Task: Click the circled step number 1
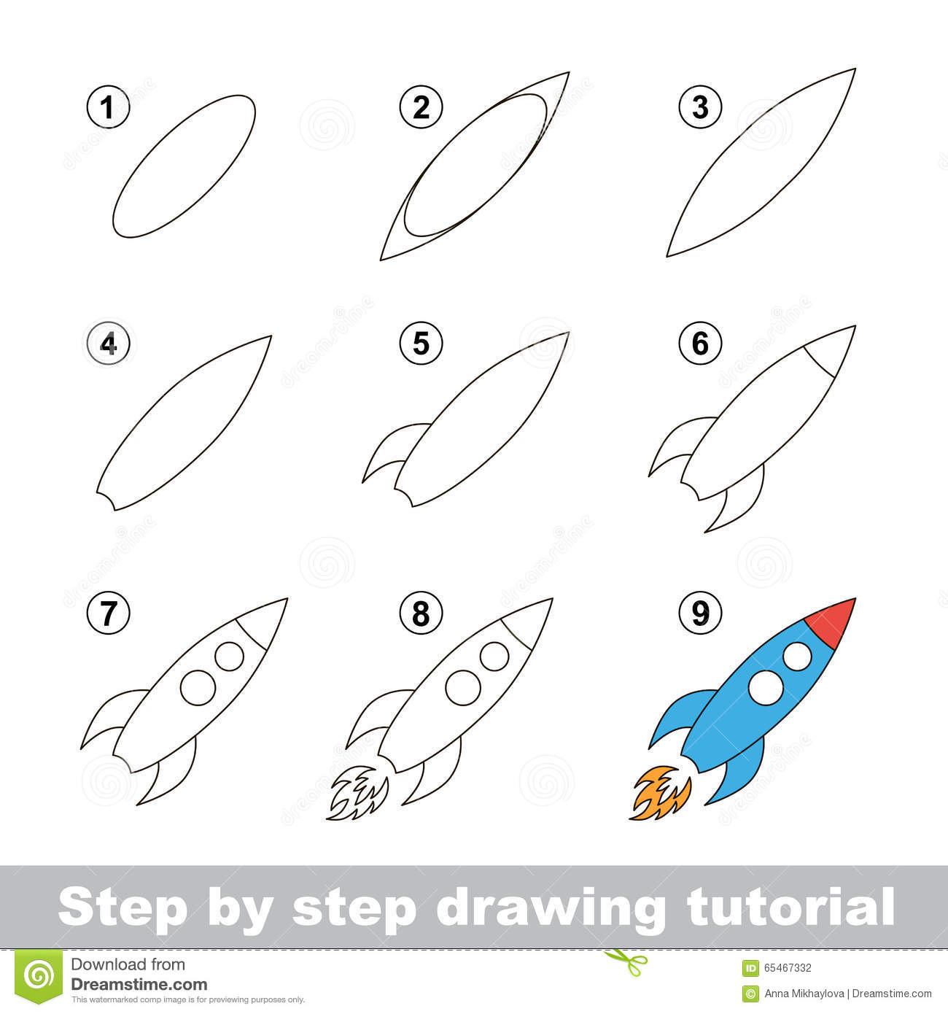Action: (108, 109)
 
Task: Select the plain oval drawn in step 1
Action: (184, 166)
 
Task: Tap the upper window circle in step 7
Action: (229, 656)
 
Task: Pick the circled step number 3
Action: (700, 109)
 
